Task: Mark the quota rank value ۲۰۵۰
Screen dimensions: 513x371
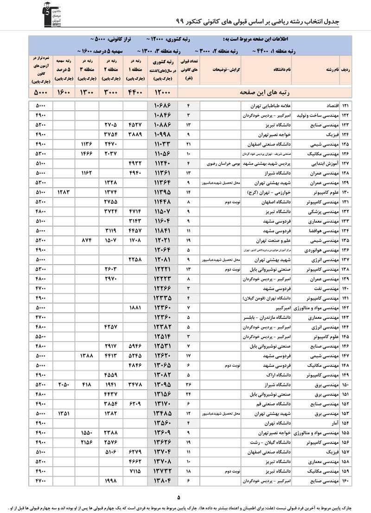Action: (64, 385)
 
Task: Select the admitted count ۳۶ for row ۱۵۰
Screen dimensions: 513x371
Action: (188, 385)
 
